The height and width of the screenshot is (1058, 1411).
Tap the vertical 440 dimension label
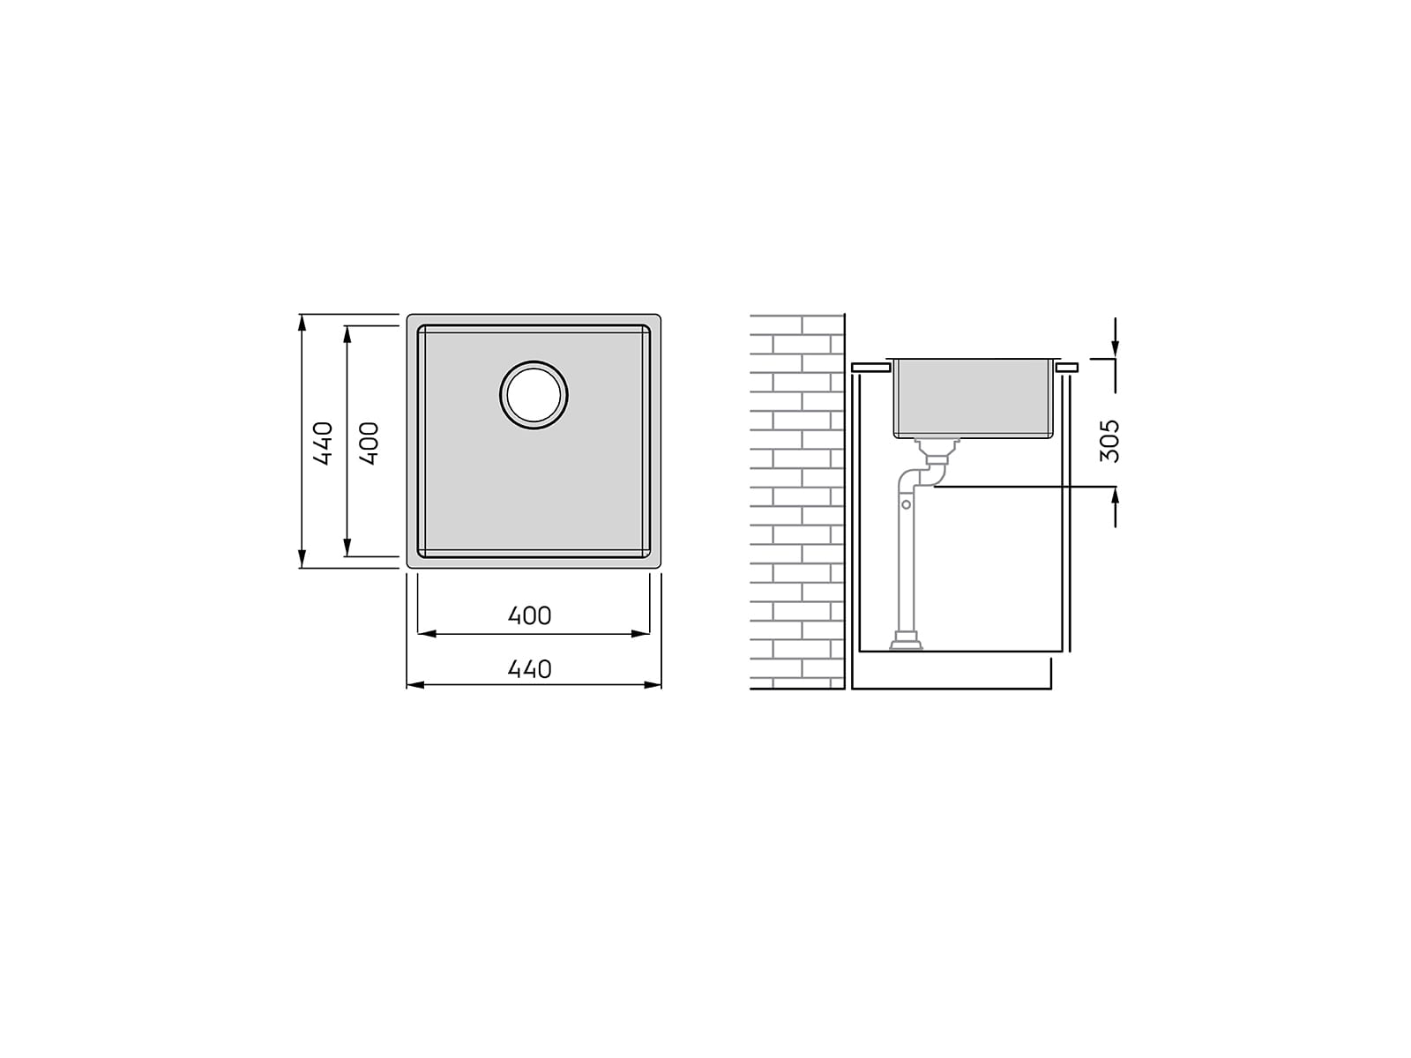323,443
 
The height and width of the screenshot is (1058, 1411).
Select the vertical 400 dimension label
369,443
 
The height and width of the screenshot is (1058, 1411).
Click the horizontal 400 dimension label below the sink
529,616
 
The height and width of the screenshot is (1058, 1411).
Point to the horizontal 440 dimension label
529,669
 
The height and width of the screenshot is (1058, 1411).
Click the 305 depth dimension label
1109,442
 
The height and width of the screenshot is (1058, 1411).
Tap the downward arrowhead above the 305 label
1115,346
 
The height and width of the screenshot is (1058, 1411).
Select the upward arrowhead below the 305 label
1115,498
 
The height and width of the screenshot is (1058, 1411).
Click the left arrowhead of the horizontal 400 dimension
428,634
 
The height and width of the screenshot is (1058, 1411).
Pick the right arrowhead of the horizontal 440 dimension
652,685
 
